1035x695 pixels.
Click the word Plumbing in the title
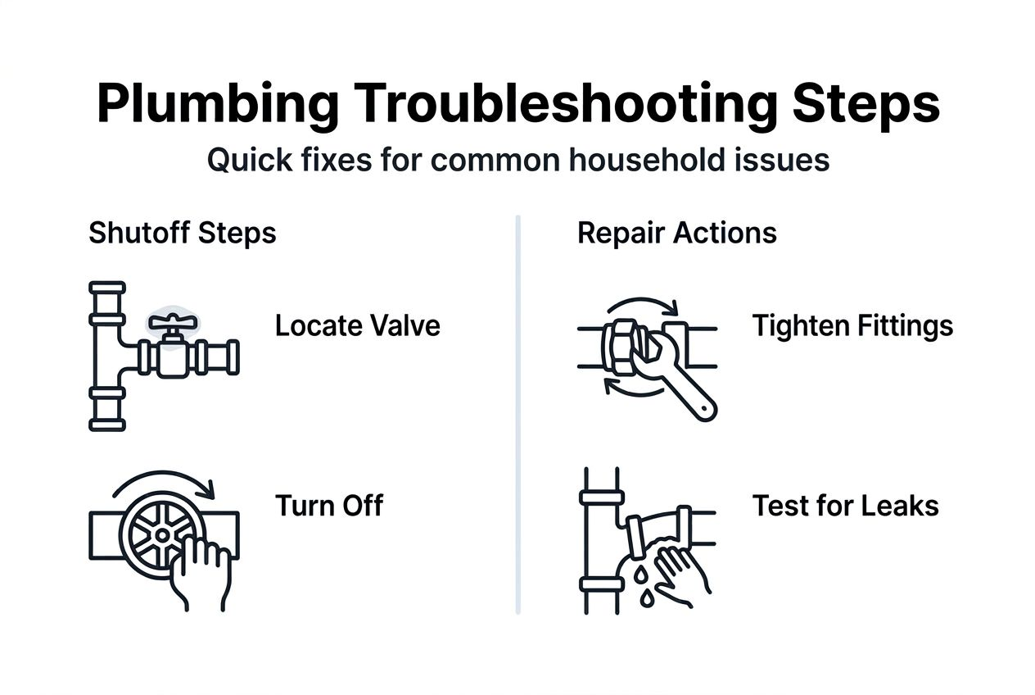216,105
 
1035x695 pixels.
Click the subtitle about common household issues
517,160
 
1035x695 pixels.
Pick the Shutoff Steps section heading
182,233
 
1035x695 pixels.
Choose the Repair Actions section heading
676,233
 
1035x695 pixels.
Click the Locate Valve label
357,326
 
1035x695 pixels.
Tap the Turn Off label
328,506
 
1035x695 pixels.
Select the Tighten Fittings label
852,326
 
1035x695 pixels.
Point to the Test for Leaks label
845,506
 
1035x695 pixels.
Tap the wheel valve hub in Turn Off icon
162,534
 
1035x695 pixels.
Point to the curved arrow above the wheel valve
164,480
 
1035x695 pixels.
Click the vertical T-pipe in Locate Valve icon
107,357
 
